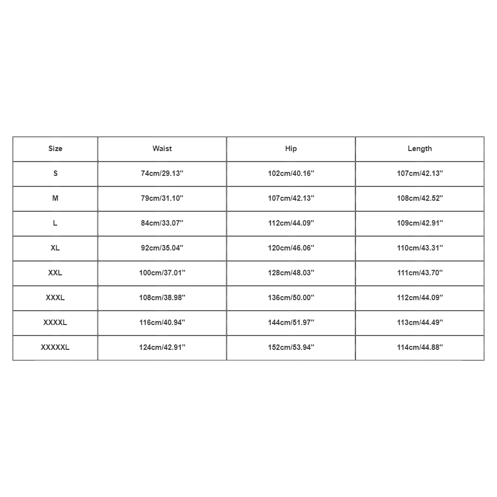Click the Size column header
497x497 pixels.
55,149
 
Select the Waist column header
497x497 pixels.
162,149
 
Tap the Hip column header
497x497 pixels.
291,149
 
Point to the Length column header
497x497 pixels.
419,149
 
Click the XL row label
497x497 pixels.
55,248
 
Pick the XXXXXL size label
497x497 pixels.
55,347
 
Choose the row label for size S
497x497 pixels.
55,173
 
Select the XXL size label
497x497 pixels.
55,273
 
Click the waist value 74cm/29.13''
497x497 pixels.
162,173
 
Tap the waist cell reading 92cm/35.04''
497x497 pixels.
162,248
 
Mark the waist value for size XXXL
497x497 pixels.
162,298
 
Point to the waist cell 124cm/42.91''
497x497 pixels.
162,347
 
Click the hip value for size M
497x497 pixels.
291,198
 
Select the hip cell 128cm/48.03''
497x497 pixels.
291,273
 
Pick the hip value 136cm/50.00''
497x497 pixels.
291,298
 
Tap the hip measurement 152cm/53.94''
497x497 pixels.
291,347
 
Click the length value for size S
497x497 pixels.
419,173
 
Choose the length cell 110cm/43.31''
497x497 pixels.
419,248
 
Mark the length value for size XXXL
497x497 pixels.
419,298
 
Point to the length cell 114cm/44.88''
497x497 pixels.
419,347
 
